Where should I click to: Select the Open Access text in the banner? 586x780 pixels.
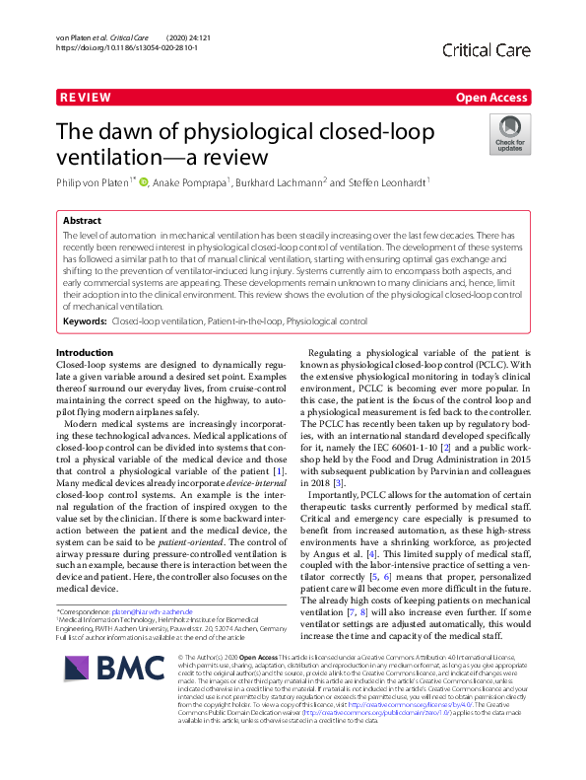pos(490,98)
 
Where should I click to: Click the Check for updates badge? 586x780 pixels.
pos(509,135)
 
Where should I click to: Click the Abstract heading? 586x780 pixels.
pos(82,222)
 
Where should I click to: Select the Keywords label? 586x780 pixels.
pos(85,321)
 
